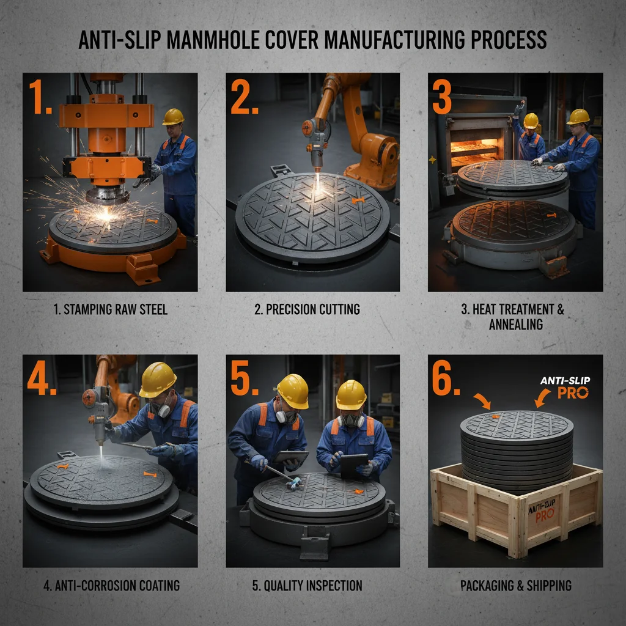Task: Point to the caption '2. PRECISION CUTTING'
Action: tap(312, 309)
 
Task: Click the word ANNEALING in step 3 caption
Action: tap(515, 325)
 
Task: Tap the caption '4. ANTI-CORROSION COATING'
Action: tap(111, 586)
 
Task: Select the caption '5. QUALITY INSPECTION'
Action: tap(307, 586)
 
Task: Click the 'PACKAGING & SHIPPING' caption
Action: tap(515, 586)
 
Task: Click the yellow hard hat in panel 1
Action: tap(174, 116)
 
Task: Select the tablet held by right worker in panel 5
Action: tap(355, 465)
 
